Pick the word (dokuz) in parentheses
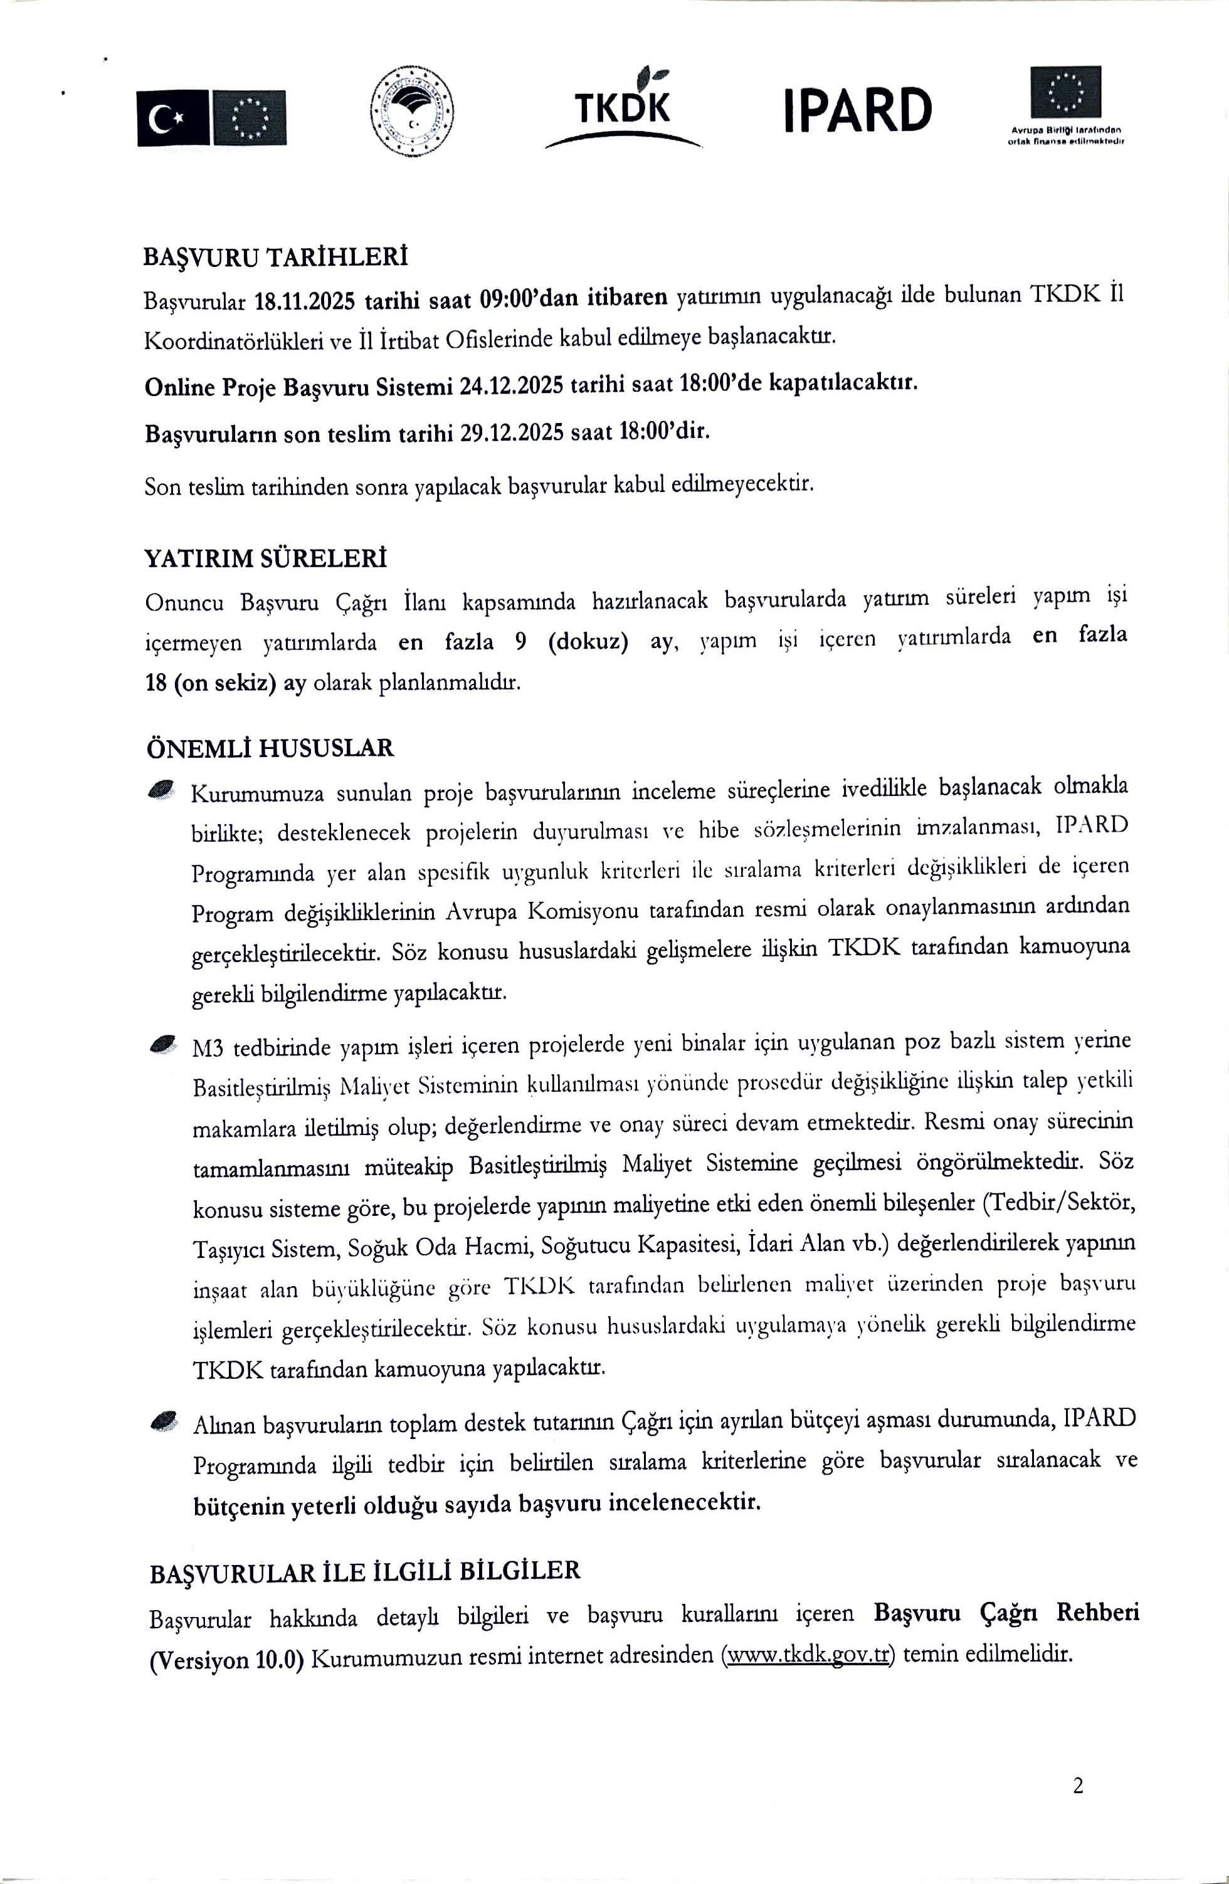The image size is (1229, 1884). point(588,641)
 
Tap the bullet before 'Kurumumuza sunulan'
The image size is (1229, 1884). point(162,788)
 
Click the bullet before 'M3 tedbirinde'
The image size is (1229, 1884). point(163,1044)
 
